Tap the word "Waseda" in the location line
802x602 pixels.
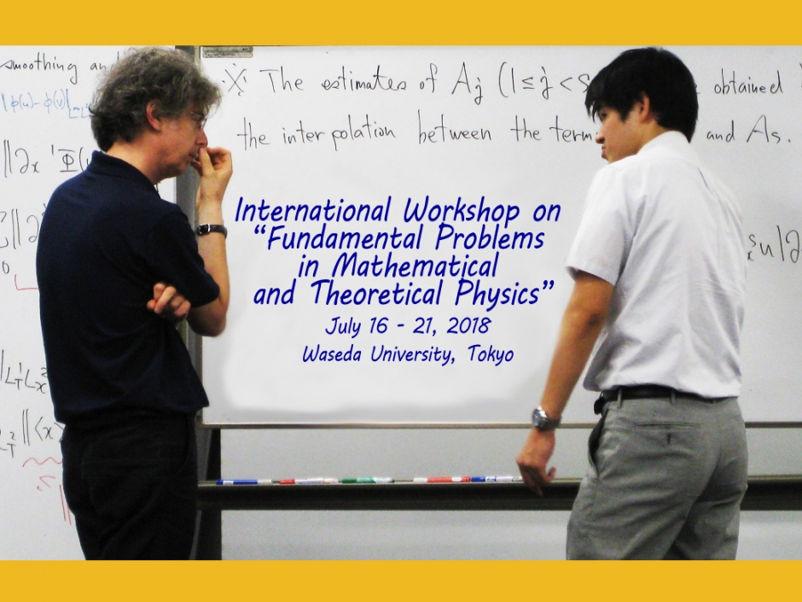pyautogui.click(x=333, y=354)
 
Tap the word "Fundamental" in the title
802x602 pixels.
pyautogui.click(x=346, y=238)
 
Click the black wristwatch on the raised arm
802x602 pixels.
pyautogui.click(x=212, y=230)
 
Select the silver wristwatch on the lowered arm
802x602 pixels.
pyautogui.click(x=544, y=418)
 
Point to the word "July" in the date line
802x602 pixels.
pyautogui.click(x=343, y=326)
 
